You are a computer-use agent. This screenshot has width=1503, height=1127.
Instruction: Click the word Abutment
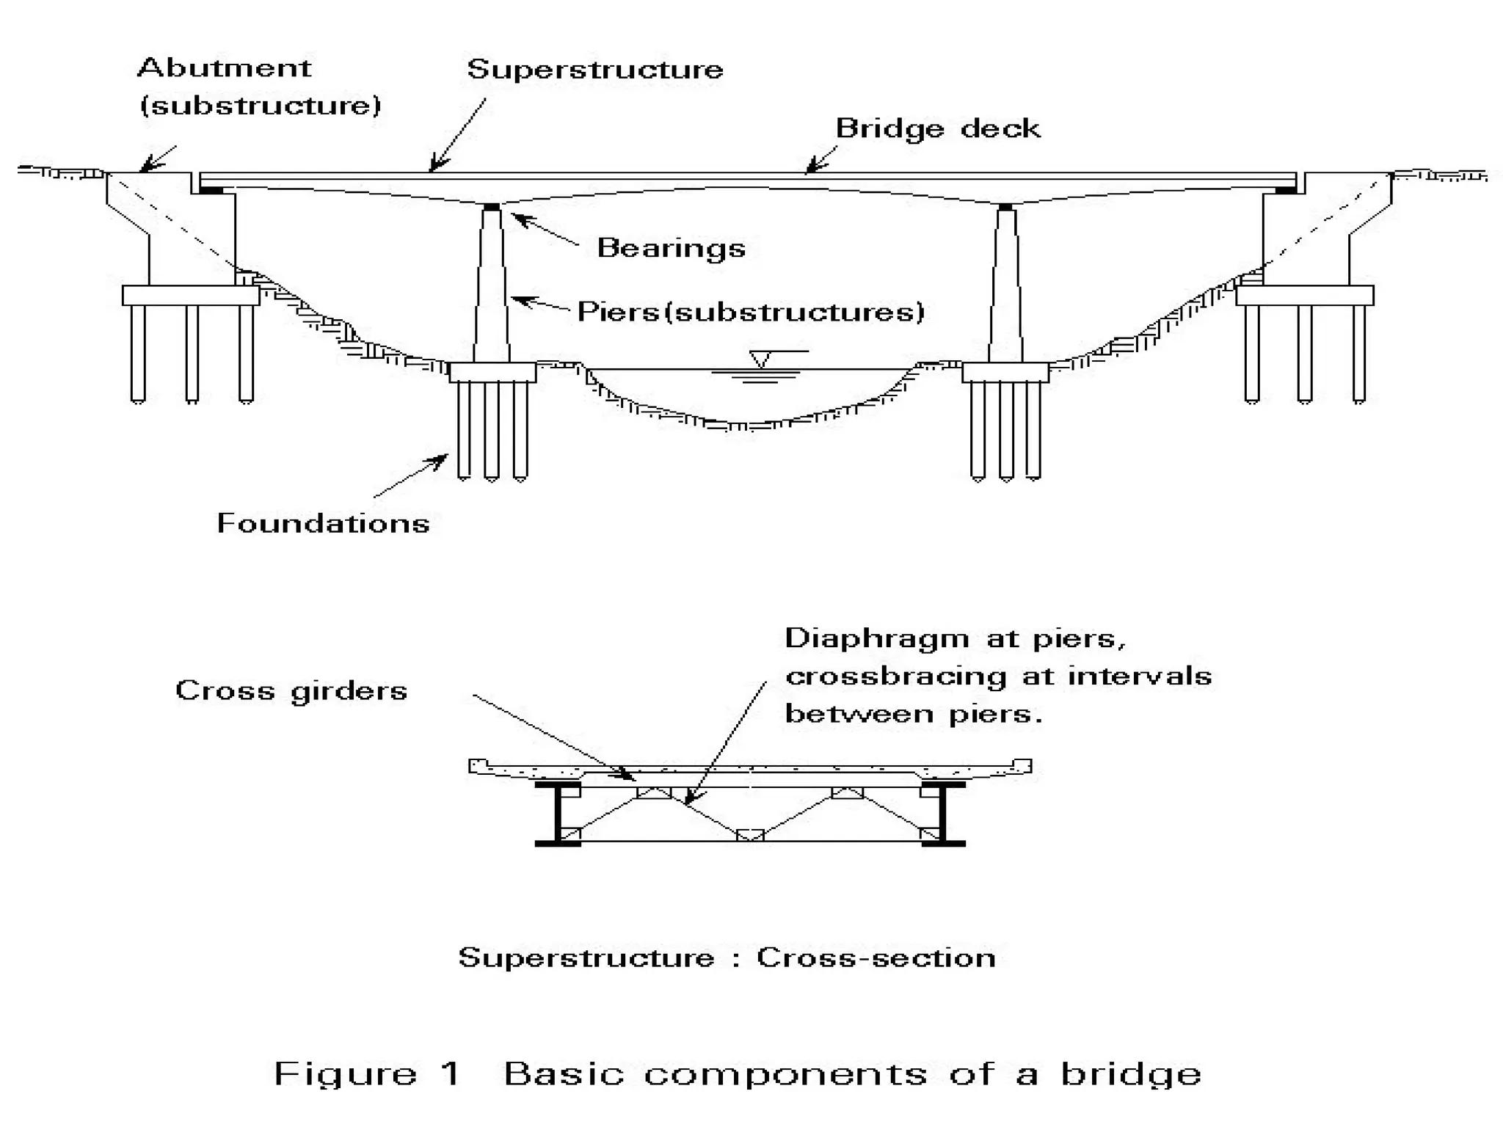click(224, 68)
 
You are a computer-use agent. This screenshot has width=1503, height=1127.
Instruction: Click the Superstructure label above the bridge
click(595, 70)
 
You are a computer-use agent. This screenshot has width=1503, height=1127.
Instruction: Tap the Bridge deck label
click(937, 129)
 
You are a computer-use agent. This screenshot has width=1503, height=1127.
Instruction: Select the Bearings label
click(671, 248)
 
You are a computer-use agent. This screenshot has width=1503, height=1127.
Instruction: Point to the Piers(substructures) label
click(750, 312)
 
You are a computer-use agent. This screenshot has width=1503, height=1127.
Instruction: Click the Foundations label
click(323, 523)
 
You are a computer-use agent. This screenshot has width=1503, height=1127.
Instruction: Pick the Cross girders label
click(291, 691)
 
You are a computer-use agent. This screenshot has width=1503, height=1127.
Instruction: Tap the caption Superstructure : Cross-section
click(727, 958)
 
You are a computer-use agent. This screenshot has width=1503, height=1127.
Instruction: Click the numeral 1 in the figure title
click(451, 1073)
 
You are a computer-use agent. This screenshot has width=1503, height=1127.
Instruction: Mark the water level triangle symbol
click(760, 359)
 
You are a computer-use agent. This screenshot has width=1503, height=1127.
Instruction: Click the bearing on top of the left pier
click(492, 208)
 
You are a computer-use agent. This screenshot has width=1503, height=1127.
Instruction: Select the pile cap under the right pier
click(1005, 373)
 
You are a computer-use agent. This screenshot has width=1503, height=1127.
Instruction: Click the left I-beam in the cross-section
click(558, 814)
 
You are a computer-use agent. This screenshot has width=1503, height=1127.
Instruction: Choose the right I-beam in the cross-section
click(943, 814)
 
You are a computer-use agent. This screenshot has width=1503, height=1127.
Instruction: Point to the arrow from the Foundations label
click(411, 475)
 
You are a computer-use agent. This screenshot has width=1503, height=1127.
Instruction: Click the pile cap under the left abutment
click(190, 295)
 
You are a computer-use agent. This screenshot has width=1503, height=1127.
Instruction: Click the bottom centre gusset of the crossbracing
click(749, 834)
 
